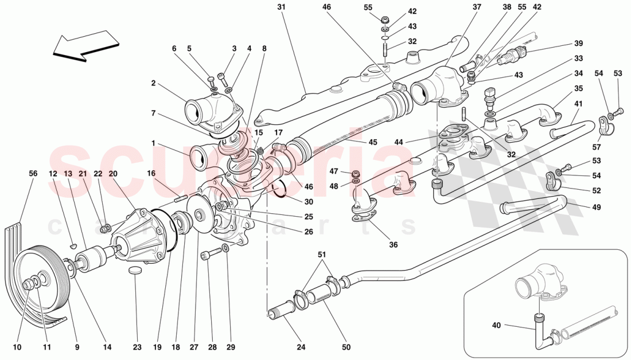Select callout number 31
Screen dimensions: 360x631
[281, 7]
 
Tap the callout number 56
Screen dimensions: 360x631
[33, 173]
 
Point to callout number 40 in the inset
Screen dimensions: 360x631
[496, 326]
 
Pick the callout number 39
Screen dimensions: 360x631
[578, 44]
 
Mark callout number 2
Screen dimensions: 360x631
[154, 83]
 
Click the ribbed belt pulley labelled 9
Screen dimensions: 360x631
[43, 287]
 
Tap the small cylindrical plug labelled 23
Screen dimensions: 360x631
[135, 270]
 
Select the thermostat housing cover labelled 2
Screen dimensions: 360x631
[213, 112]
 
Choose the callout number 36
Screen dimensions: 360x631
[392, 245]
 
